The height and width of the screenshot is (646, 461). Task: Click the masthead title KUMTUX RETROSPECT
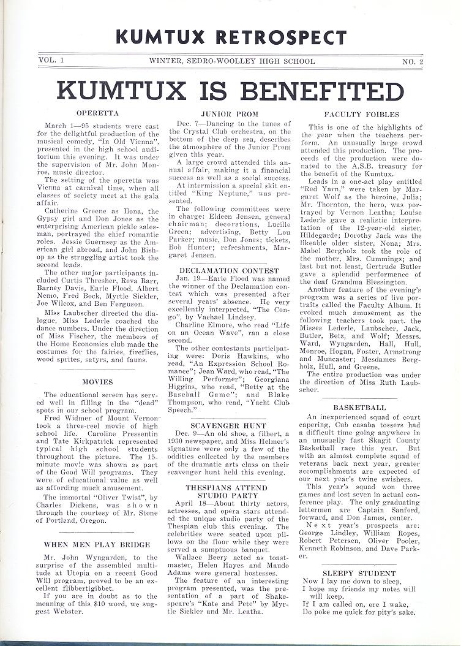click(x=231, y=37)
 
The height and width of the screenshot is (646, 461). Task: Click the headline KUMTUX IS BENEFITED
click(x=231, y=91)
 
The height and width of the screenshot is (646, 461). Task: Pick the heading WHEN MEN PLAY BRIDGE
click(x=97, y=544)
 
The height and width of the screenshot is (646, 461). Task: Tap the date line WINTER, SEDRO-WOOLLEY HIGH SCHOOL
click(x=232, y=61)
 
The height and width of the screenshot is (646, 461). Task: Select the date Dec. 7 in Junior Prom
click(x=185, y=124)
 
